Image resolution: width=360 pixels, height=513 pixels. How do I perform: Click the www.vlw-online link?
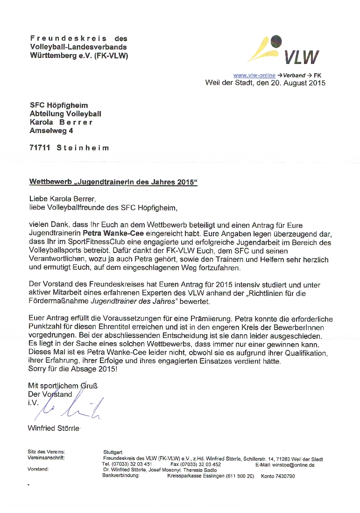coord(254,75)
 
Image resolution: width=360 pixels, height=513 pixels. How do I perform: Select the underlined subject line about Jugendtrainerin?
coord(113,182)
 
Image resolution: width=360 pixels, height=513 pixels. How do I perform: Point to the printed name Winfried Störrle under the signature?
coord(54,428)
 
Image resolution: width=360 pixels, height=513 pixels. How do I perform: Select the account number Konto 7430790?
coord(278,476)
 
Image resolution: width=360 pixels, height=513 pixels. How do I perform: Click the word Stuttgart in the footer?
coord(113,452)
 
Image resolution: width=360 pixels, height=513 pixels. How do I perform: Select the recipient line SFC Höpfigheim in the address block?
coord(59,105)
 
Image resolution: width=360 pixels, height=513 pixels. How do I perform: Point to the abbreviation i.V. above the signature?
coord(33,403)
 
